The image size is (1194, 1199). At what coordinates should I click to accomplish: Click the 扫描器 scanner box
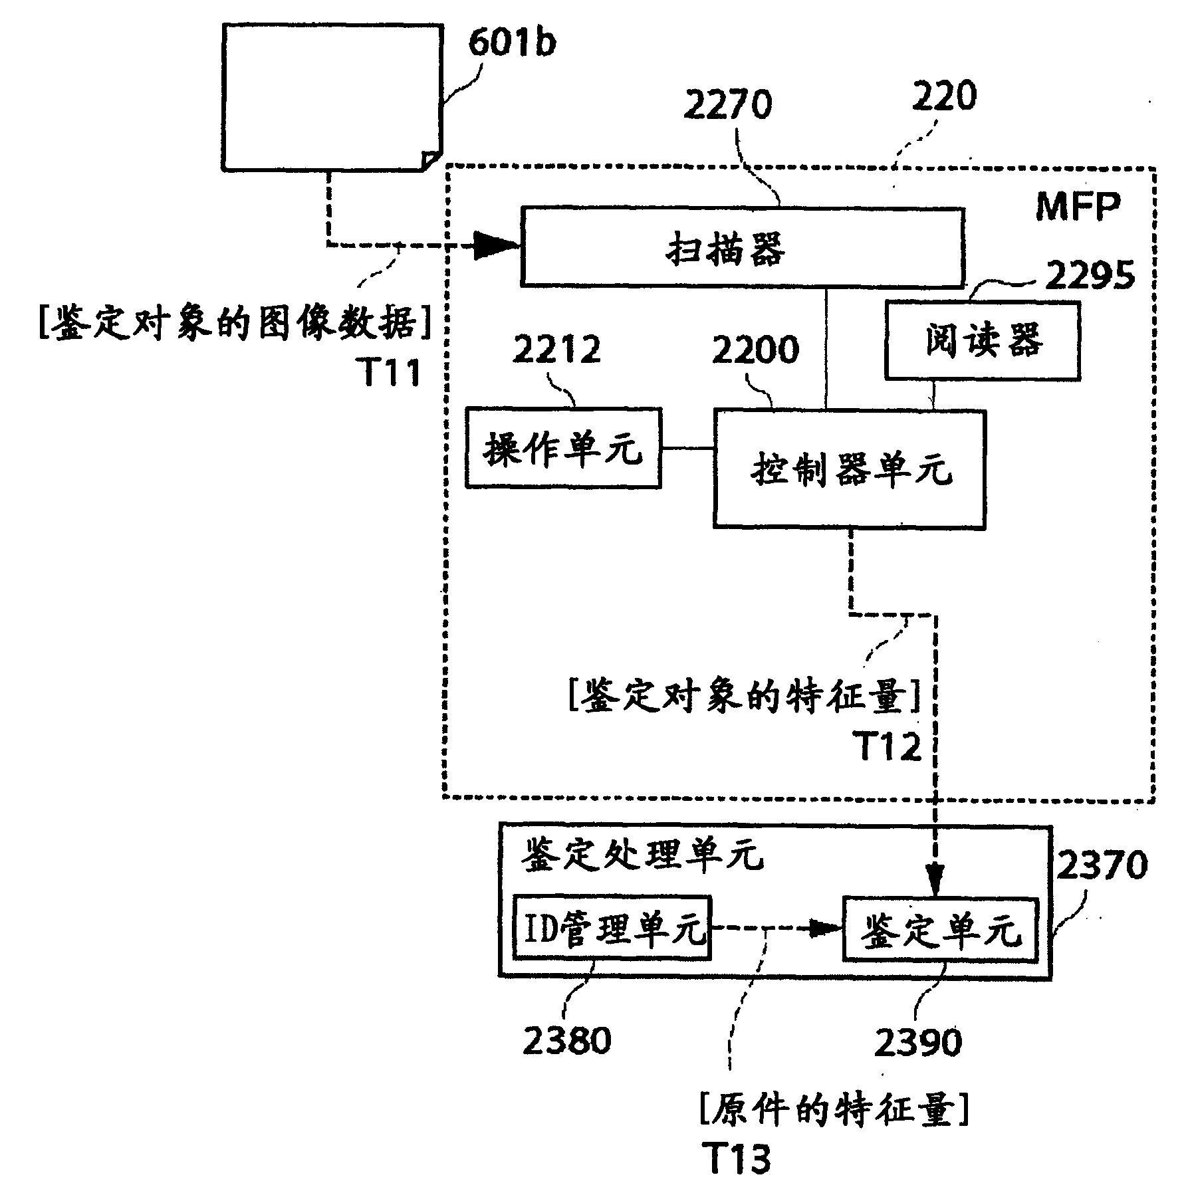[741, 247]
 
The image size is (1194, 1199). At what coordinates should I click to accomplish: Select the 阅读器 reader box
[982, 340]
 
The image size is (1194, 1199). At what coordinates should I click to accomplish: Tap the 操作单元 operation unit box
[563, 448]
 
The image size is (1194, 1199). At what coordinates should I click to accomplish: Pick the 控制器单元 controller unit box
[849, 469]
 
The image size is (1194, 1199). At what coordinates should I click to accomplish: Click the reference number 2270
[727, 105]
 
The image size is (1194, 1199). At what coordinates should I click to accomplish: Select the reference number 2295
[1090, 274]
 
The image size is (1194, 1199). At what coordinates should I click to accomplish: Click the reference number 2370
[1102, 865]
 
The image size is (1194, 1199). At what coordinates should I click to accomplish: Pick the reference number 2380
[566, 1040]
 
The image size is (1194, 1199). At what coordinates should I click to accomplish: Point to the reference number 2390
[917, 1041]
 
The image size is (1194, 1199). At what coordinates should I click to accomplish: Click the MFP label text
[1078, 207]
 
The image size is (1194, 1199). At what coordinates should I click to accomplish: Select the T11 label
[391, 372]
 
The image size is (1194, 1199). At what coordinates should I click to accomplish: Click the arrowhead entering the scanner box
[499, 246]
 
